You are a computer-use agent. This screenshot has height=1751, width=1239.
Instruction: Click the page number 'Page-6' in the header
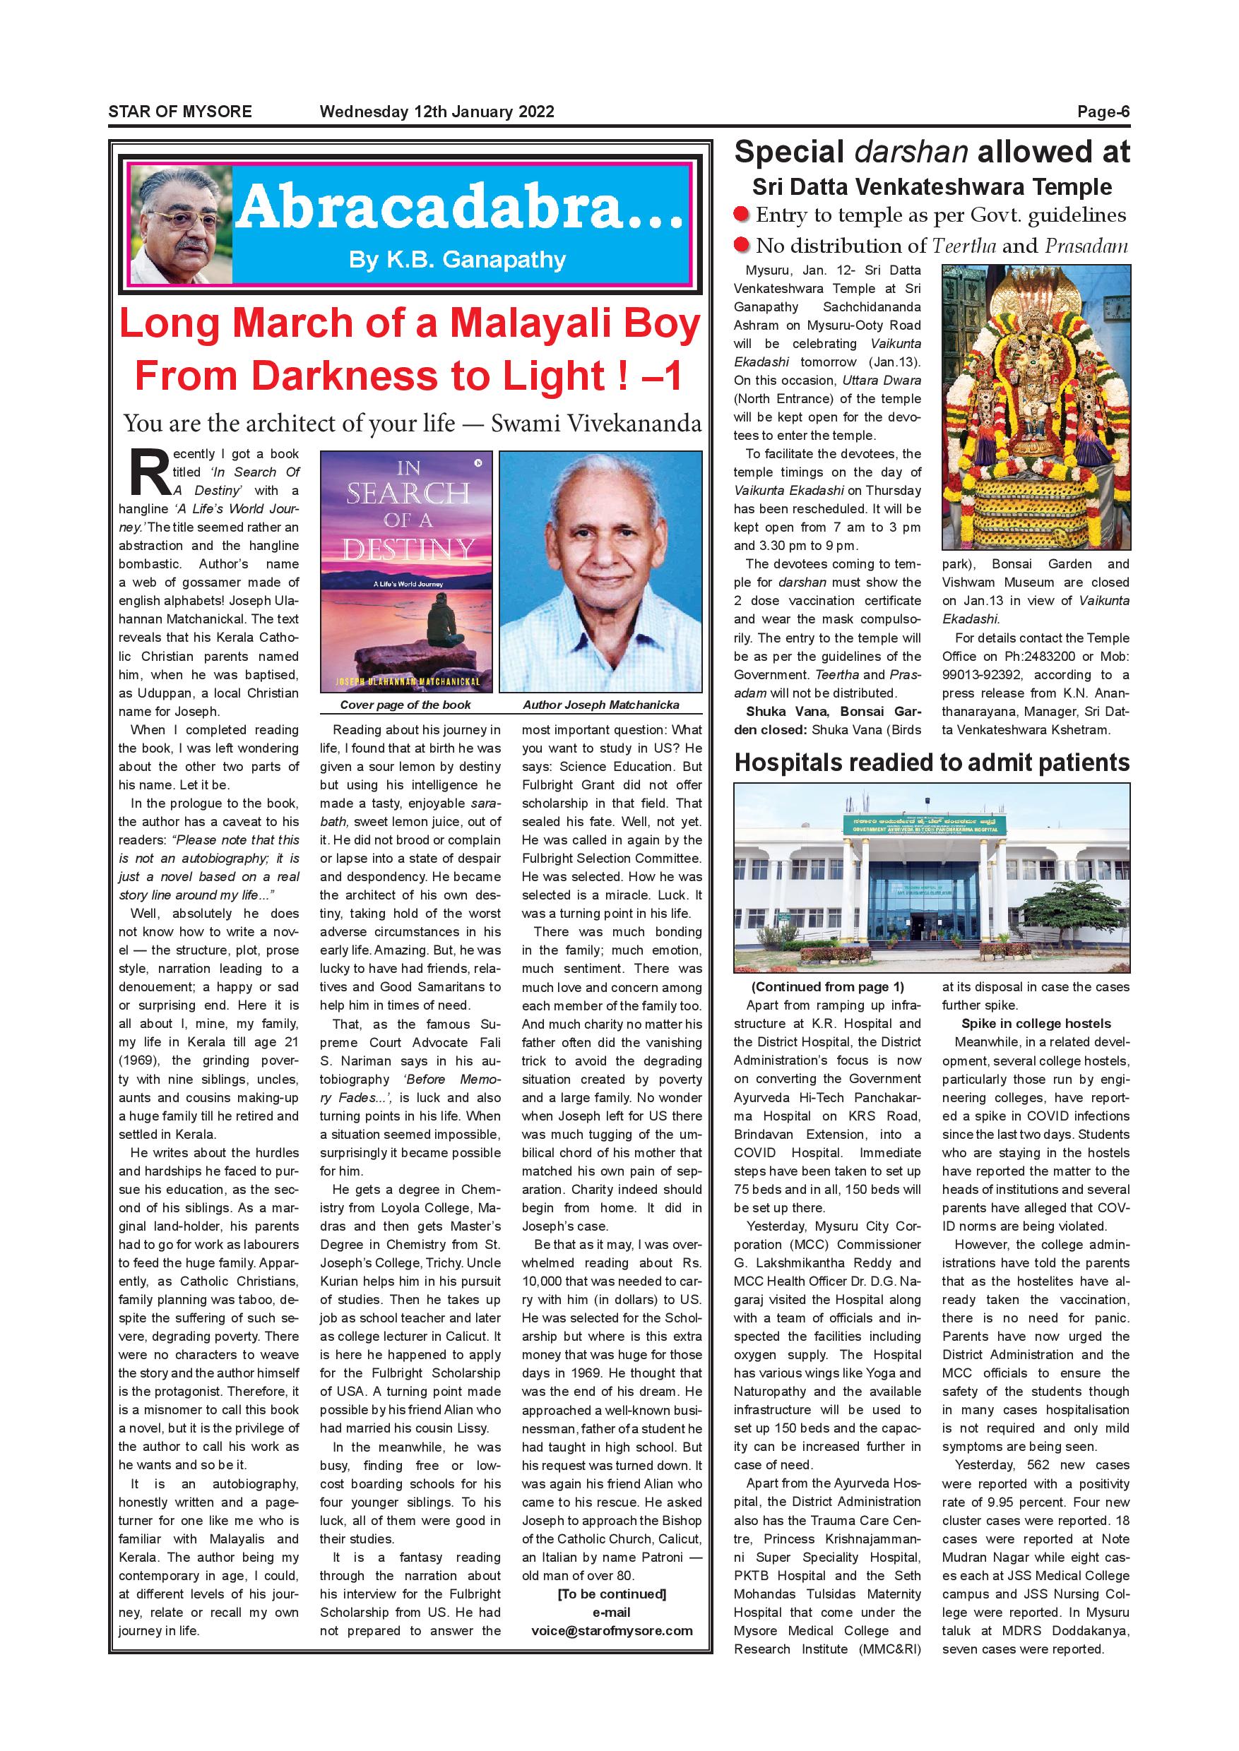click(1103, 112)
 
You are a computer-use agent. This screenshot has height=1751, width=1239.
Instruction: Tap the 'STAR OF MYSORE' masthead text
click(180, 112)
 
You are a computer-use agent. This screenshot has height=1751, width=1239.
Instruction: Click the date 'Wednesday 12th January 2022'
click(437, 112)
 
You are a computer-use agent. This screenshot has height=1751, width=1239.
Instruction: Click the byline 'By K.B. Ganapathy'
click(457, 260)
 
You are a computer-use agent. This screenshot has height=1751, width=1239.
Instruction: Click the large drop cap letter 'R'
click(150, 473)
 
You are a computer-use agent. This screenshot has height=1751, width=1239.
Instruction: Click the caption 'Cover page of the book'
click(405, 705)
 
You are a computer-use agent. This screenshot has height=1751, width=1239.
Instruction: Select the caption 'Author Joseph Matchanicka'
click(600, 705)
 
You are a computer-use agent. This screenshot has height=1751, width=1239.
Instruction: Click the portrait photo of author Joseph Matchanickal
click(600, 571)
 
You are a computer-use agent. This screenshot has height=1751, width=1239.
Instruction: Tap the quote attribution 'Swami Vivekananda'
click(596, 423)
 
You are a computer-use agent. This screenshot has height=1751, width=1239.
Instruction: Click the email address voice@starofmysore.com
click(612, 1630)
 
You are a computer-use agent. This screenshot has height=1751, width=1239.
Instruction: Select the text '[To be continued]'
click(612, 1594)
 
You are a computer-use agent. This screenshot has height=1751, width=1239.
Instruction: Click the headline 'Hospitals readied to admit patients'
click(932, 763)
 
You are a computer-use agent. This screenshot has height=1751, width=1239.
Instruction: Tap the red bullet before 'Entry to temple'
click(741, 215)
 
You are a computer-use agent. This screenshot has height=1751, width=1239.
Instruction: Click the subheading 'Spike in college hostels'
click(1036, 1024)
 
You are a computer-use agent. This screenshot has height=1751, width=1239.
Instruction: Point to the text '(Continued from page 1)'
click(828, 987)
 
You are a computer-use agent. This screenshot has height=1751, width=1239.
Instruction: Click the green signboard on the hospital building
click(925, 825)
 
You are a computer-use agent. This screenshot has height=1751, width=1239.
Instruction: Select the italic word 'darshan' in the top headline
click(911, 153)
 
